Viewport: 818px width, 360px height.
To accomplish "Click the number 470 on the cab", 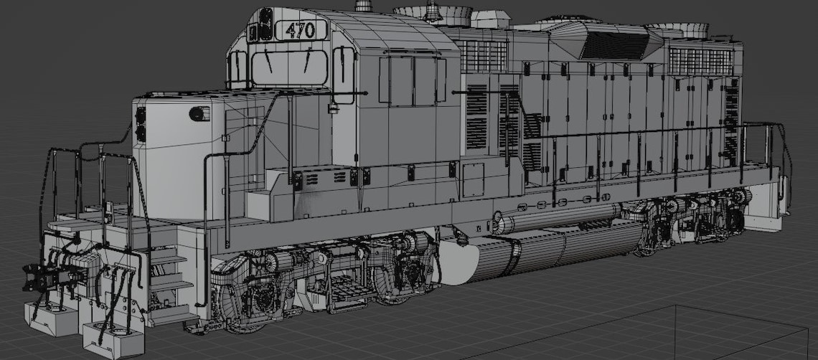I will [300, 30].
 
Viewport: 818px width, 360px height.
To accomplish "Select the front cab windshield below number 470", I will [289, 67].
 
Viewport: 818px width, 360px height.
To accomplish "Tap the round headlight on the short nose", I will [197, 113].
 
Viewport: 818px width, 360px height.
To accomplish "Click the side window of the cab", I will [413, 81].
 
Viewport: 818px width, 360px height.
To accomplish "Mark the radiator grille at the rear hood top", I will [700, 61].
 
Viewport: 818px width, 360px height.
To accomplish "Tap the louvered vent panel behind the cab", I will [476, 118].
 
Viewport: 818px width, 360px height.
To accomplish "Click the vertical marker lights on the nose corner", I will [141, 123].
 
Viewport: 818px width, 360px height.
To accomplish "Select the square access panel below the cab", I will [472, 179].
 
